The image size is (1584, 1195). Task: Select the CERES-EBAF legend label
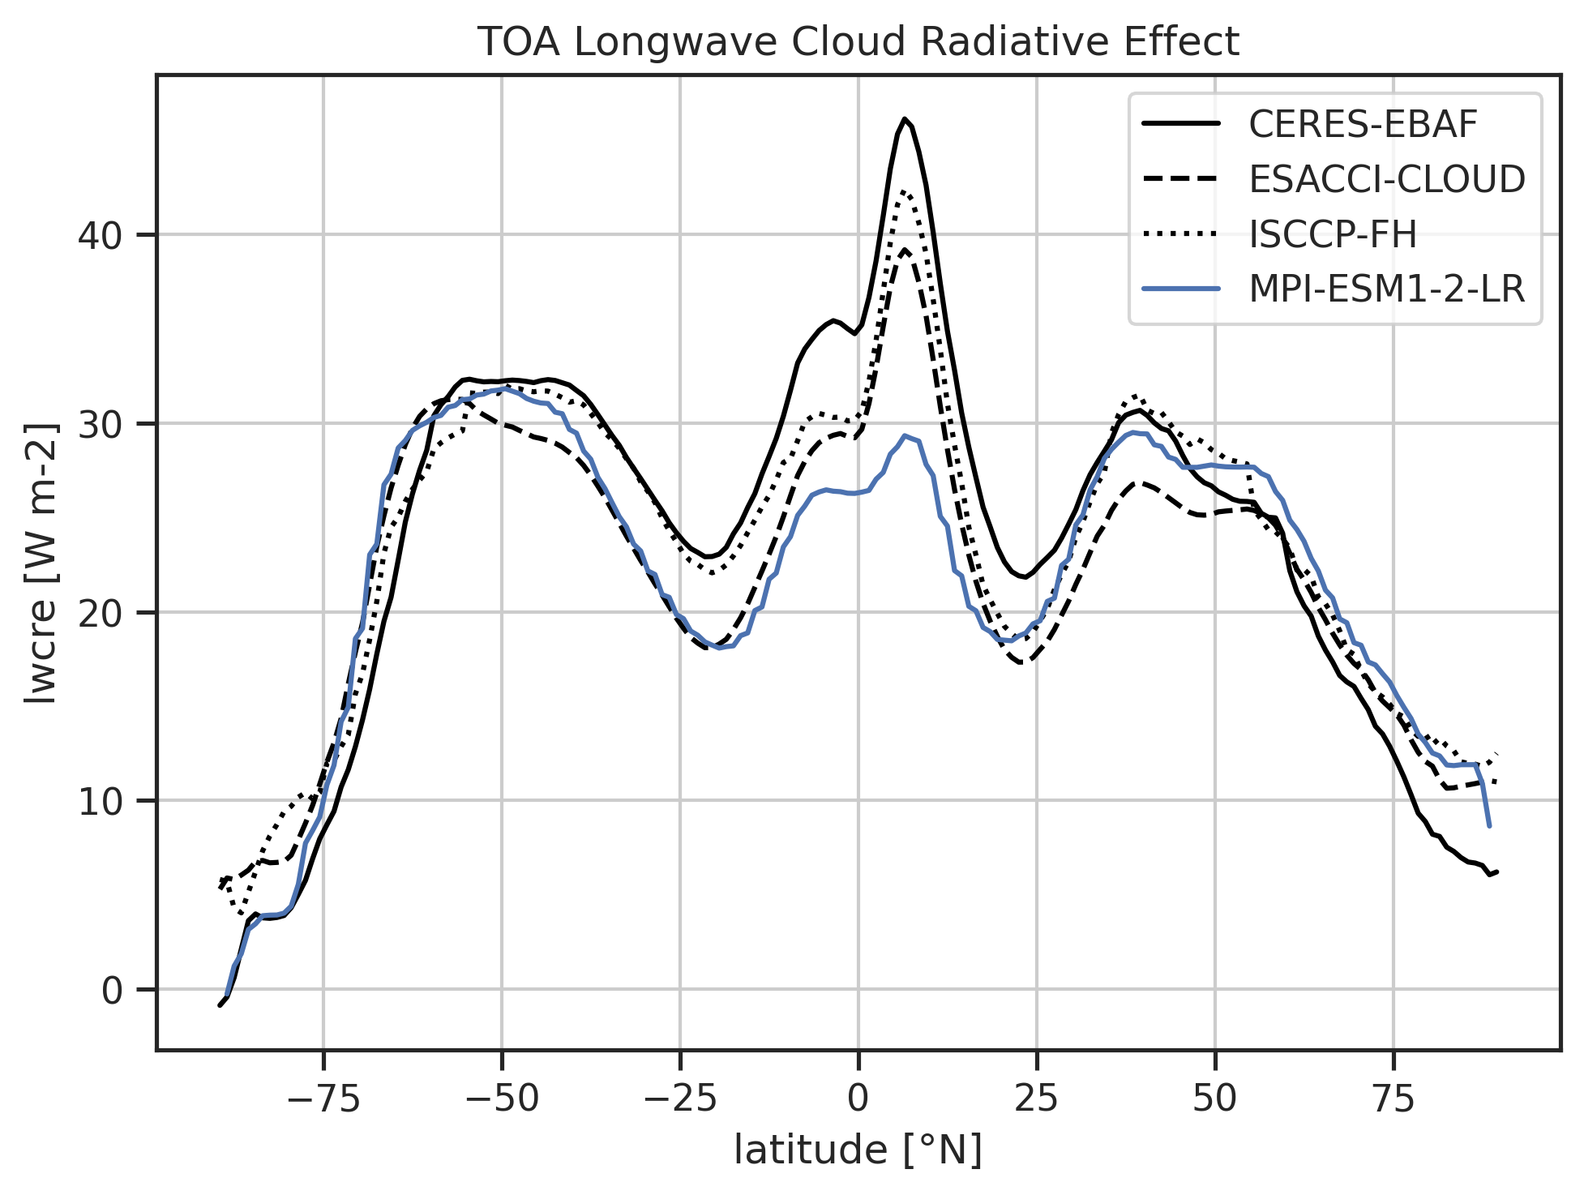point(1364,124)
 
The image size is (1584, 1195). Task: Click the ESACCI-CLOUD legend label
point(1387,179)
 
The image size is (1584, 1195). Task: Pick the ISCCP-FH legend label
point(1333,234)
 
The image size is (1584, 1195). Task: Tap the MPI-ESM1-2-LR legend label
point(1387,289)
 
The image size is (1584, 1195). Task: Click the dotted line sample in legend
point(1180,234)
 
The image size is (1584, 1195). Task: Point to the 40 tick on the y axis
point(97,235)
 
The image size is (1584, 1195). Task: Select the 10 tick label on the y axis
point(97,801)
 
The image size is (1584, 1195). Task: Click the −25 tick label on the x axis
point(679,1100)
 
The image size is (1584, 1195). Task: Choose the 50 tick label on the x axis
point(1214,1100)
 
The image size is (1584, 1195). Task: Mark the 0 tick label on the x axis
point(858,1100)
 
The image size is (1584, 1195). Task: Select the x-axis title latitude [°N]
point(858,1151)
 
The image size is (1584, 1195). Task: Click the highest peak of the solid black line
point(904,119)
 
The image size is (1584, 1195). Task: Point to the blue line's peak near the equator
point(905,435)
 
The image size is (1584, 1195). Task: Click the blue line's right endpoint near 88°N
point(1489,826)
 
